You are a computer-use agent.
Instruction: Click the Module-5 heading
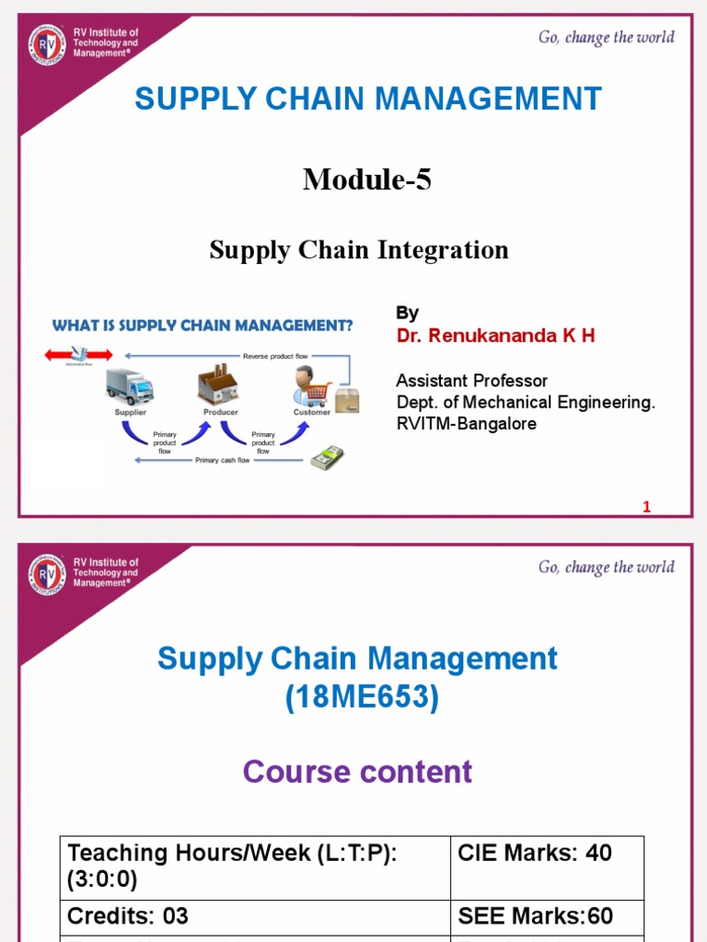click(366, 180)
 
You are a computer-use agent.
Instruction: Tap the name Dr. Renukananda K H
click(495, 336)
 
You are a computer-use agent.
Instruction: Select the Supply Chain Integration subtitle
click(359, 249)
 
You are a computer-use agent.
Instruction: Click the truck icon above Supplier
click(130, 386)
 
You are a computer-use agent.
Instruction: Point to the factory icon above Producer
click(218, 385)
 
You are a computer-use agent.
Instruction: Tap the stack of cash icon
click(327, 457)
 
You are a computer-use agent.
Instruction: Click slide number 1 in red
click(646, 507)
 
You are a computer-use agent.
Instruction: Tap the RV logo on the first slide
click(47, 45)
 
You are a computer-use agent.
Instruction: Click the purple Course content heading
click(357, 771)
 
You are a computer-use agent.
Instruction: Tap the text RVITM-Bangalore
click(466, 424)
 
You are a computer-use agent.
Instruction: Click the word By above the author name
click(407, 313)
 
